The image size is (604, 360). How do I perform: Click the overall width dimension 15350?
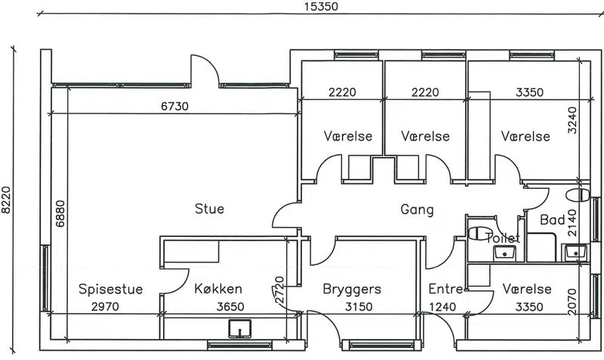[321, 7]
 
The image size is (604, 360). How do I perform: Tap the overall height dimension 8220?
[6, 200]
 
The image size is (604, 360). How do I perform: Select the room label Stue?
[209, 209]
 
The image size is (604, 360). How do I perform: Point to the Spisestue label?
[110, 289]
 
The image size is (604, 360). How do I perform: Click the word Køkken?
[218, 288]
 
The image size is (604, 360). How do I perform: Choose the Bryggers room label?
[352, 289]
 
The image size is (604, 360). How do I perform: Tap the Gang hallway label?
[417, 210]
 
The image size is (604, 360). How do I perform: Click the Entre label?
[445, 289]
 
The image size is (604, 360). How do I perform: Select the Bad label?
[553, 220]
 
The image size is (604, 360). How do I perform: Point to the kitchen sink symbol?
[239, 329]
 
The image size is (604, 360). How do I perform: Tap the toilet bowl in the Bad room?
[578, 195]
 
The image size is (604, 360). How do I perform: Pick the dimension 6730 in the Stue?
[174, 106]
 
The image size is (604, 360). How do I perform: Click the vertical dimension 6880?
[60, 214]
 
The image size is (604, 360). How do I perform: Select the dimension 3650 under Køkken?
[230, 307]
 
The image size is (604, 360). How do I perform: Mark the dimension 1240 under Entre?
[442, 307]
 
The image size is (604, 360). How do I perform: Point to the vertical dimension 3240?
[572, 120]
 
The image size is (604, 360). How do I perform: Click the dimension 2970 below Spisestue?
[105, 307]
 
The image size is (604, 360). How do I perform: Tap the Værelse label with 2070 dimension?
[526, 289]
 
